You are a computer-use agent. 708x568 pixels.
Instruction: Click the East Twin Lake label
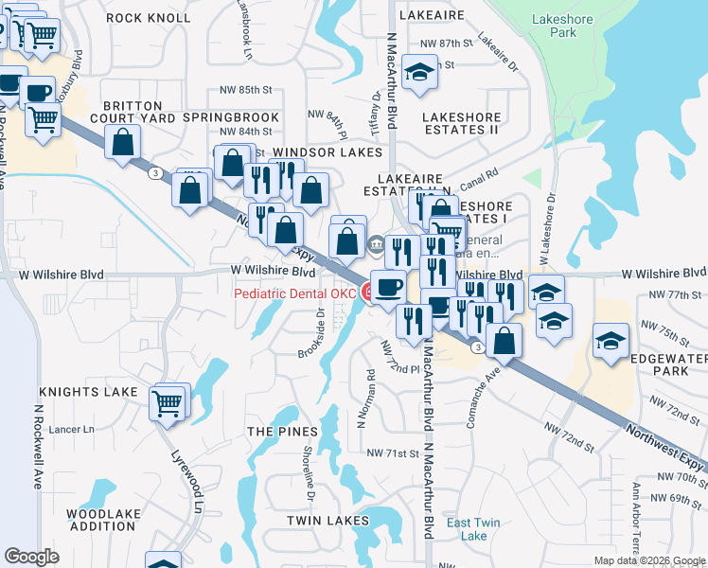click(472, 529)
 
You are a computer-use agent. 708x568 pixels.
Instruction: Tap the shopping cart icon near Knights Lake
click(168, 402)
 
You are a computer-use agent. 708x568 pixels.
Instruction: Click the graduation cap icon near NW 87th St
click(418, 72)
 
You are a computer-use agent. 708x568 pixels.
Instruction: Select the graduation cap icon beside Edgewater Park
click(611, 339)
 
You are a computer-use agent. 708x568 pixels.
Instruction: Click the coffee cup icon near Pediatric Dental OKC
click(387, 285)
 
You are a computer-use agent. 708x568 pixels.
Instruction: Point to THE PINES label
click(282, 432)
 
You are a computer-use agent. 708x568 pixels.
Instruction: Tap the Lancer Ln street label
click(76, 429)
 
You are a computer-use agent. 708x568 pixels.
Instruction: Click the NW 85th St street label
click(249, 89)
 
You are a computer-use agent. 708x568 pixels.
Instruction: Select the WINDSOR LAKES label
click(327, 152)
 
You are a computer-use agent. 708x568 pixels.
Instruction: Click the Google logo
click(32, 557)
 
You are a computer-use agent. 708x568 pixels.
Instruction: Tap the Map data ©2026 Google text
click(648, 560)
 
